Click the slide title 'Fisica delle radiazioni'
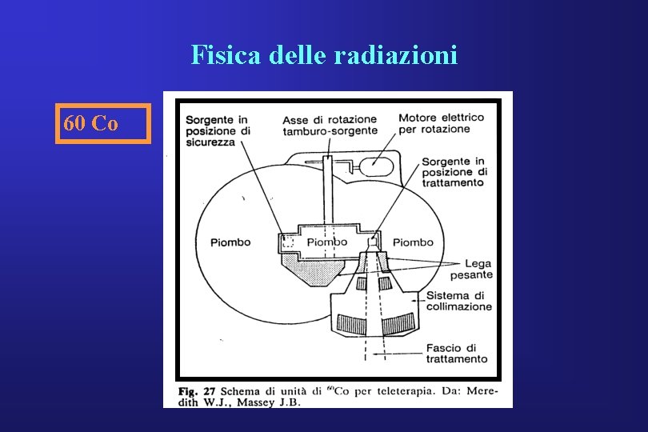(x=324, y=54)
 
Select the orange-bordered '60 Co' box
(x=102, y=124)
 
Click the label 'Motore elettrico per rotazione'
(x=441, y=122)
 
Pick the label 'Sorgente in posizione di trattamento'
(x=453, y=172)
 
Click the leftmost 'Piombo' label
(x=230, y=242)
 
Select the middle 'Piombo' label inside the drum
(x=327, y=242)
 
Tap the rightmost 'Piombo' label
(x=413, y=242)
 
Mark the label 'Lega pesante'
(x=472, y=269)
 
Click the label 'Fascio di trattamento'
(x=457, y=354)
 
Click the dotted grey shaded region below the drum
(x=315, y=273)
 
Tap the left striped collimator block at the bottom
(x=353, y=323)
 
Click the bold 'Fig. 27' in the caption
(x=198, y=391)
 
